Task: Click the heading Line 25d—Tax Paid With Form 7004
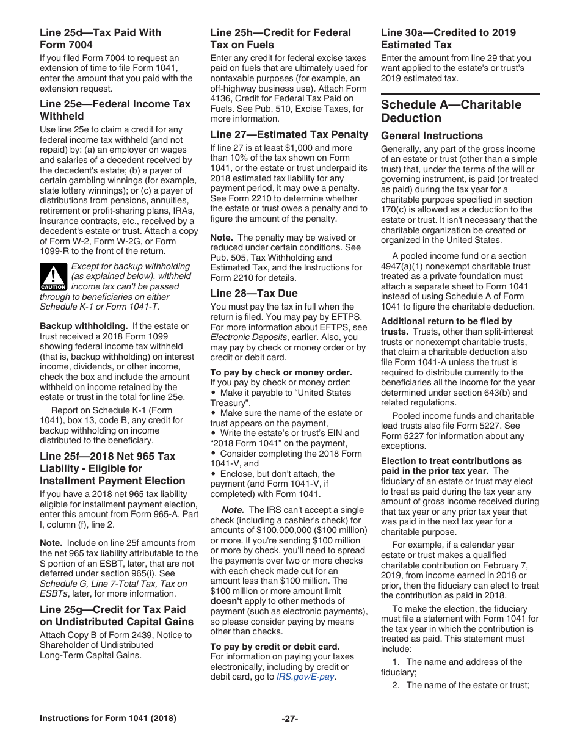click(x=100, y=38)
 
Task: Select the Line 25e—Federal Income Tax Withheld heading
click(x=115, y=110)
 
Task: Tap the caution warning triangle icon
click(x=53, y=277)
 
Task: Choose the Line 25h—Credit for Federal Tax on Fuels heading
click(x=280, y=38)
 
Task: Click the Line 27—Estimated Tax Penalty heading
click(x=289, y=134)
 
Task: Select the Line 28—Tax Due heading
click(x=254, y=293)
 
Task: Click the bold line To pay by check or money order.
click(x=281, y=372)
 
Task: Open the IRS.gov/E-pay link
click(x=305, y=677)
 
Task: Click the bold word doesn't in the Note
click(x=226, y=601)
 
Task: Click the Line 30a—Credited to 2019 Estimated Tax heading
click(x=448, y=38)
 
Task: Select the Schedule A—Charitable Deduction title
click(x=451, y=111)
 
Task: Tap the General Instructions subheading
click(x=432, y=136)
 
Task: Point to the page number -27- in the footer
click(x=289, y=719)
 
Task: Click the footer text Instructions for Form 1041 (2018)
click(x=108, y=719)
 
